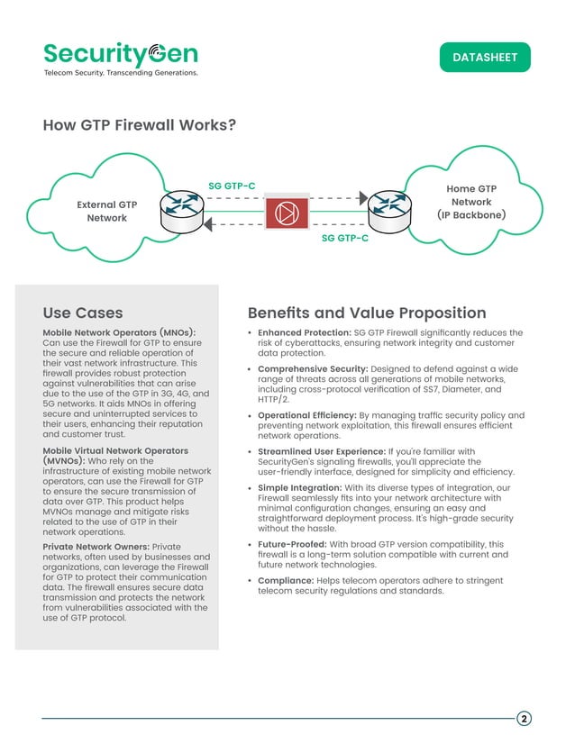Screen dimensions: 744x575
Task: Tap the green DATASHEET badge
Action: point(485,57)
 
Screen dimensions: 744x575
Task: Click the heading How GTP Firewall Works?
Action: point(140,125)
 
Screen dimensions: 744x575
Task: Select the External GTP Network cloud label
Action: point(106,212)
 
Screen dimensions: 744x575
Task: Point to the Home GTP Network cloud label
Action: point(471,202)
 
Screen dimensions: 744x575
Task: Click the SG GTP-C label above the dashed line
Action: point(232,186)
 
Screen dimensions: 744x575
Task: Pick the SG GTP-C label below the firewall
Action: point(345,239)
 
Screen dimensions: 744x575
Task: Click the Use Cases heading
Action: point(83,313)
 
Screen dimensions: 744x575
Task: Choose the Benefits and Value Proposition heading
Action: point(366,313)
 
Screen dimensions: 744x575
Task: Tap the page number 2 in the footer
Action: point(524,718)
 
